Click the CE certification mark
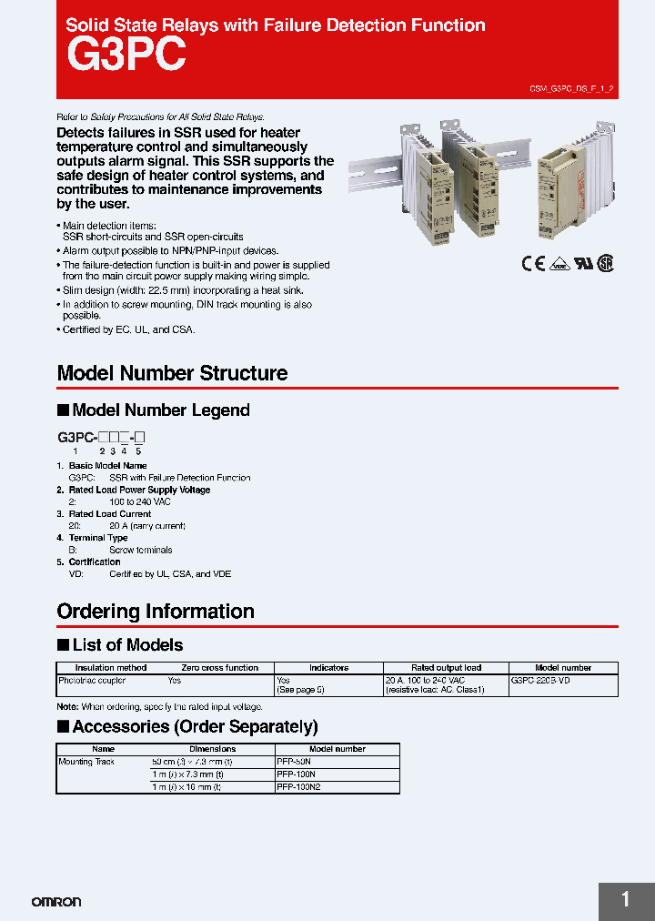click(532, 263)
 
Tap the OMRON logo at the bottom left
click(56, 902)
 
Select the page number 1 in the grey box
click(626, 900)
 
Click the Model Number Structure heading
click(172, 373)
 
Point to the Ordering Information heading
click(156, 612)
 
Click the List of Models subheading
click(127, 645)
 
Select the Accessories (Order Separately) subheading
click(195, 727)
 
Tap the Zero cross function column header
click(219, 668)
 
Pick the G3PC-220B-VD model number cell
click(540, 681)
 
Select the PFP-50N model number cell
click(293, 762)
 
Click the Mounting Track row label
click(86, 762)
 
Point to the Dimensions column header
click(212, 749)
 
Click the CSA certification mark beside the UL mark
click(605, 262)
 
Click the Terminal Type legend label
click(98, 538)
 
